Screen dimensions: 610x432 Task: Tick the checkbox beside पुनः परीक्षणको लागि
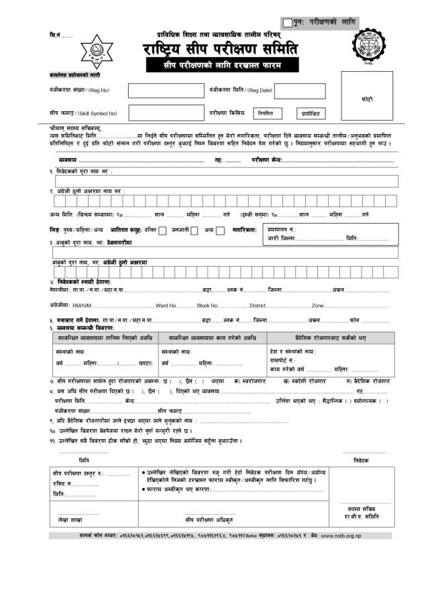(x=288, y=23)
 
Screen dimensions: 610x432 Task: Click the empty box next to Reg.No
(x=166, y=90)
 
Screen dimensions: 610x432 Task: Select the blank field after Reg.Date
(x=299, y=90)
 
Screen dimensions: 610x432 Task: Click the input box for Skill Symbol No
(x=166, y=113)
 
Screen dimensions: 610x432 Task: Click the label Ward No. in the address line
(x=166, y=306)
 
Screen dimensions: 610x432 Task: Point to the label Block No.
(x=207, y=306)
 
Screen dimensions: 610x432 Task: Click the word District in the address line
(x=258, y=306)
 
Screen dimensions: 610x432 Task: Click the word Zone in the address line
(x=318, y=306)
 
